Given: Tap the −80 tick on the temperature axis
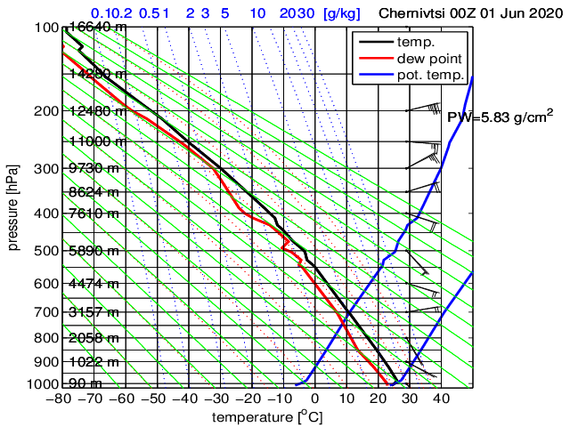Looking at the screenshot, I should coord(61,399).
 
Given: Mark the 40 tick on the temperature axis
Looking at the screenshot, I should coord(441,399).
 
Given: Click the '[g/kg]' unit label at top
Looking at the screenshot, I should coord(342,13).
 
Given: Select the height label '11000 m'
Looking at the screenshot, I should coord(96,141).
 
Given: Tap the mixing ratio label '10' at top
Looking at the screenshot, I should coord(257,13).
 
